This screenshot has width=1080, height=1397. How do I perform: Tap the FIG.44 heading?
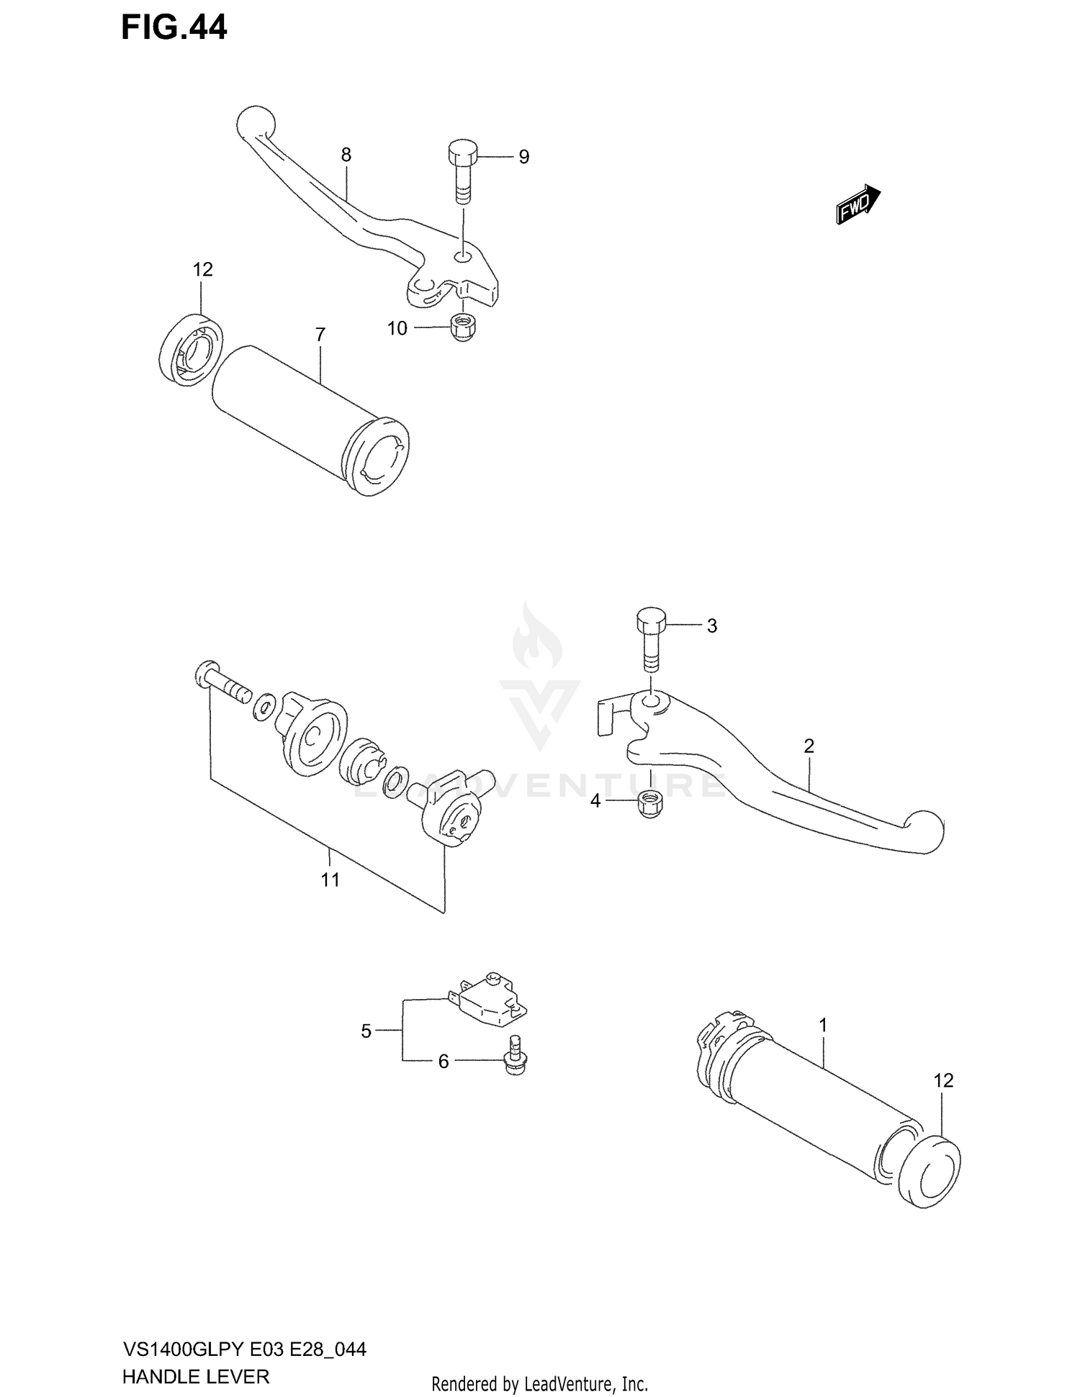pos(174,28)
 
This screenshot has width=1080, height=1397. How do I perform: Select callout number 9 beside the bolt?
pos(523,157)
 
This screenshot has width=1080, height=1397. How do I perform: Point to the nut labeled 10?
pos(461,327)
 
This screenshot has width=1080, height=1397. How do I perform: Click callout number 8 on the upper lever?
pos(346,155)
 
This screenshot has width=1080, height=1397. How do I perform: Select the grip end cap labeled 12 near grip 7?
pos(190,348)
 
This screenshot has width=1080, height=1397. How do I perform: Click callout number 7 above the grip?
pos(320,335)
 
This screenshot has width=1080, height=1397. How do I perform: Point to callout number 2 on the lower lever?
pos(809,746)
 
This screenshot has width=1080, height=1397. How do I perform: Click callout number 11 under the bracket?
pos(330,880)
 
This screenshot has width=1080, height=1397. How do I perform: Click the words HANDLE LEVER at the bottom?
pos(196,1377)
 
